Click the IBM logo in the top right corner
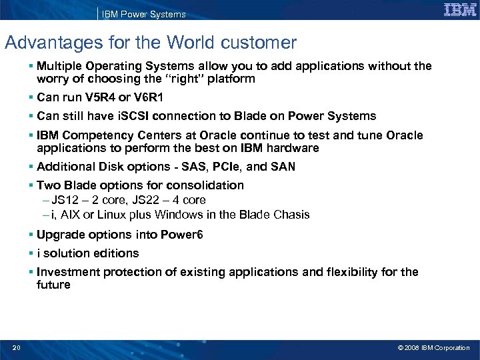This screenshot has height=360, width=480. (460, 10)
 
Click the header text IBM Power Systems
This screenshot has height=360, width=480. (144, 14)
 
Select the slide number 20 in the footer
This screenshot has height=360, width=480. (16, 347)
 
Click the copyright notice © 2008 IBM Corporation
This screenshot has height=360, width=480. (433, 347)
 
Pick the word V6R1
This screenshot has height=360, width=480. (148, 97)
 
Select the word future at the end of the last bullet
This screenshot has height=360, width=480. (53, 285)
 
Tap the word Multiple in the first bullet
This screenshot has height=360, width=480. (61, 66)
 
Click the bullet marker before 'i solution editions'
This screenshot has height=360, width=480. (31, 253)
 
